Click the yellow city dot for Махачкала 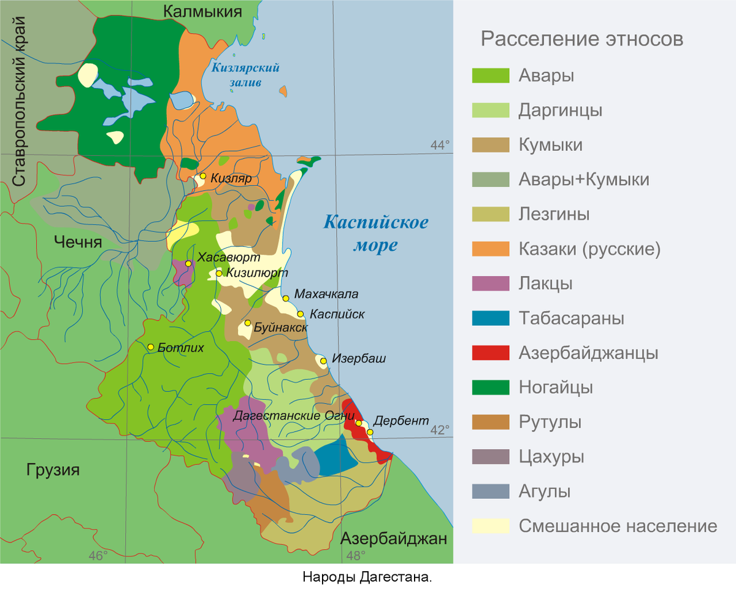(x=286, y=298)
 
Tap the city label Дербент (x=401, y=421)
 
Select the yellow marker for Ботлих (x=150, y=347)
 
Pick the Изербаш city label (x=359, y=358)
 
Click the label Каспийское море (x=375, y=234)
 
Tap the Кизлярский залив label (x=245, y=74)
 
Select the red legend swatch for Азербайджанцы (x=491, y=353)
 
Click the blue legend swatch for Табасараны (x=491, y=318)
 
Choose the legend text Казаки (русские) (x=589, y=249)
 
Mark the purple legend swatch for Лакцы (x=491, y=284)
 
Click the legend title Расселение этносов (x=581, y=39)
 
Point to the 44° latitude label (x=440, y=145)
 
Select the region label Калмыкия (x=202, y=10)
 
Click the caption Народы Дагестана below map (x=367, y=577)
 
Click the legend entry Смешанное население (x=618, y=526)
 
